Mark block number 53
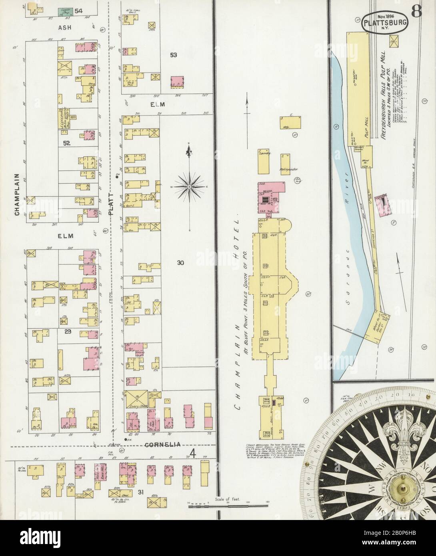pyautogui.click(x=173, y=54)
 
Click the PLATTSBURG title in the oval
pyautogui.click(x=385, y=24)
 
